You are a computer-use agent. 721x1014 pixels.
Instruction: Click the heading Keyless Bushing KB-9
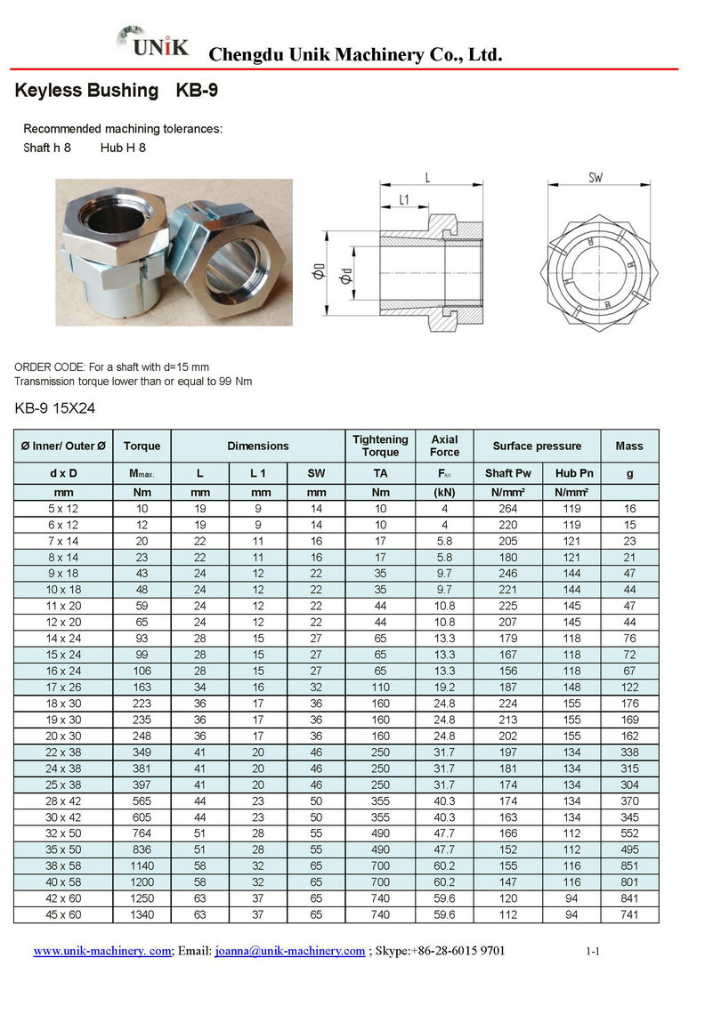(x=117, y=91)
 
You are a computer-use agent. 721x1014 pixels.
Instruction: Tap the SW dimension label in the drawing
(x=595, y=177)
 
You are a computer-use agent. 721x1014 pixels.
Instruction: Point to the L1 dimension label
(x=404, y=199)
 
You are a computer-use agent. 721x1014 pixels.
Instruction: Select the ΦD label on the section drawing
(x=320, y=275)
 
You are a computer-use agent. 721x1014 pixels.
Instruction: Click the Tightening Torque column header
(x=380, y=446)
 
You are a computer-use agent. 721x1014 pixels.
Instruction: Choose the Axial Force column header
(x=444, y=446)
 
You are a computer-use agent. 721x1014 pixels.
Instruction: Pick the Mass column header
(x=629, y=446)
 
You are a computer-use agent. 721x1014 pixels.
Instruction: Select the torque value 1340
(x=142, y=914)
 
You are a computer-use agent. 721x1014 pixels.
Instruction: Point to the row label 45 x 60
(x=63, y=914)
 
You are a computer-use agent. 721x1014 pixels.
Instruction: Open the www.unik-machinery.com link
(x=102, y=951)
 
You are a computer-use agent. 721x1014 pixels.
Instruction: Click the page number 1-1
(x=594, y=953)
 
